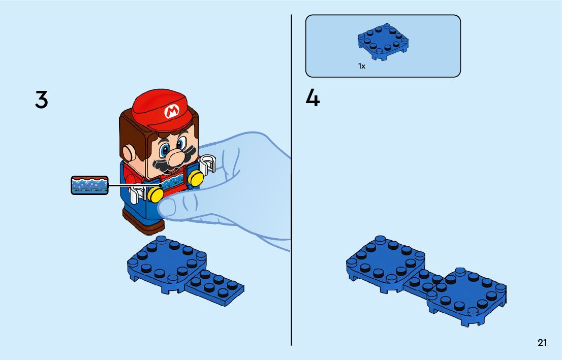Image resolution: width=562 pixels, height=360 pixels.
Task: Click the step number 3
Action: [42, 99]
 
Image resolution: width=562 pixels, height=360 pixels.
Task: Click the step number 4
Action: [313, 98]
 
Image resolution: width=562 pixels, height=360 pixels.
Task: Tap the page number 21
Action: [542, 342]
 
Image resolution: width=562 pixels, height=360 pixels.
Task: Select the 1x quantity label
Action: [362, 66]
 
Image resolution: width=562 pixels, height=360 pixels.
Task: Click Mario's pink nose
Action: [176, 158]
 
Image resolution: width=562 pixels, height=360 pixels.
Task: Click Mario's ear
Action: [129, 153]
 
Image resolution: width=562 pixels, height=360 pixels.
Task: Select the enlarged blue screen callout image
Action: [89, 185]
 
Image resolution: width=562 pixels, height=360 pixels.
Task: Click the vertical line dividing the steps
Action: [291, 180]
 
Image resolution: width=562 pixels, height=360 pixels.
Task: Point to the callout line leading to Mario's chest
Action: [135, 185]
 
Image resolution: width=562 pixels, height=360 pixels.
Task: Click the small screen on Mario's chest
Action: [173, 184]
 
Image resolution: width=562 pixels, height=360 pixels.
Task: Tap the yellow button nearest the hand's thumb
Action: [155, 194]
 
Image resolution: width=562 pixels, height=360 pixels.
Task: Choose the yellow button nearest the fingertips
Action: [196, 178]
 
